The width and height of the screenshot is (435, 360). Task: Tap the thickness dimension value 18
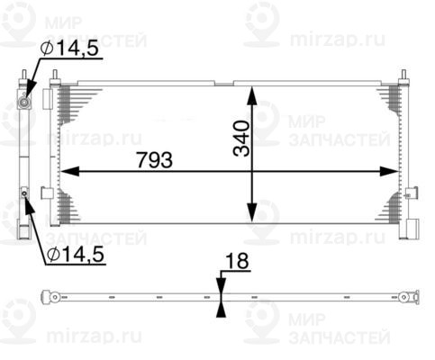238,264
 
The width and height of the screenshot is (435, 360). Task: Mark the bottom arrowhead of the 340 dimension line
254,218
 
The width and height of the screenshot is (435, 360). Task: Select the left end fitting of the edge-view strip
54,297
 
